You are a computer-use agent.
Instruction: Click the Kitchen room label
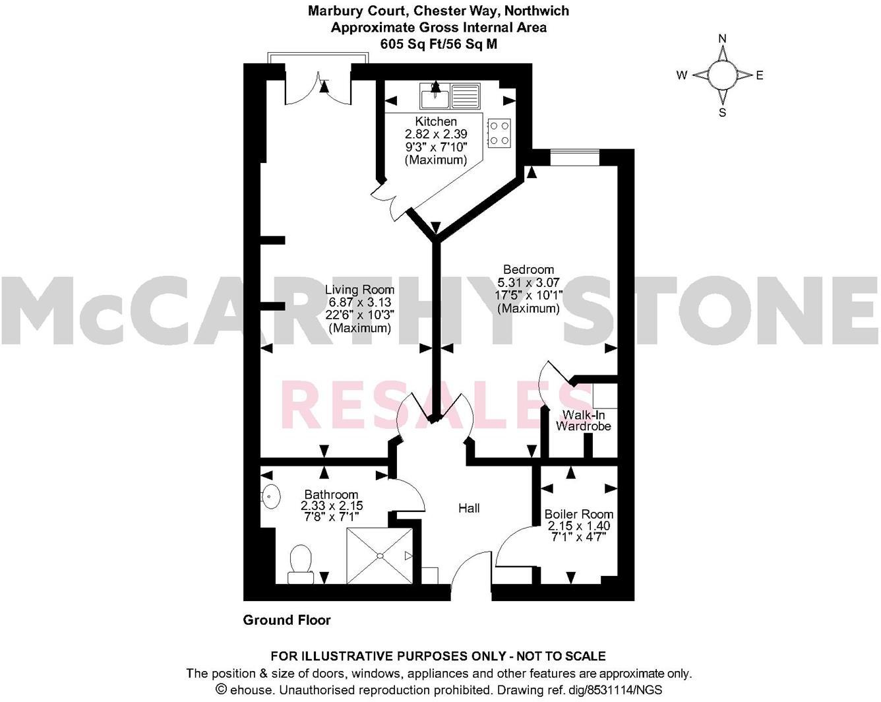(x=436, y=121)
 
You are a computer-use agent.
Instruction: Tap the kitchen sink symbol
(x=450, y=96)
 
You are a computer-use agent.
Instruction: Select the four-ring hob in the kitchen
(x=499, y=132)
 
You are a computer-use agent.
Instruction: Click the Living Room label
(x=359, y=290)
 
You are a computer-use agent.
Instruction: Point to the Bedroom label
(x=528, y=269)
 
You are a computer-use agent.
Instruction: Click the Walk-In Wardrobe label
(x=583, y=420)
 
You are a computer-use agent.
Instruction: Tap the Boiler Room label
(x=578, y=514)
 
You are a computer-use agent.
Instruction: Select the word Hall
(x=469, y=508)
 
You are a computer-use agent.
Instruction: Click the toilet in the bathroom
(x=301, y=564)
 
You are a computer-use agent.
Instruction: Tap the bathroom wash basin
(x=270, y=496)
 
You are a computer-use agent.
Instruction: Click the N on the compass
(x=722, y=38)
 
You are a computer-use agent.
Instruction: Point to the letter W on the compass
(x=681, y=75)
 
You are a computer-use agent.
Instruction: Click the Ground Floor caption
(x=287, y=620)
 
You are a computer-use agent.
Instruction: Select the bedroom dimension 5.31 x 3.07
(x=528, y=282)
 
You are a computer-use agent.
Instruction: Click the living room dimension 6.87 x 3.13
(x=359, y=303)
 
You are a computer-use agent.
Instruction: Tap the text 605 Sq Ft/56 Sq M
(x=439, y=44)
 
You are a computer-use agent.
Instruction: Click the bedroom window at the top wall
(x=574, y=157)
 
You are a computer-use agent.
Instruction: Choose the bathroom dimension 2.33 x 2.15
(x=332, y=506)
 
